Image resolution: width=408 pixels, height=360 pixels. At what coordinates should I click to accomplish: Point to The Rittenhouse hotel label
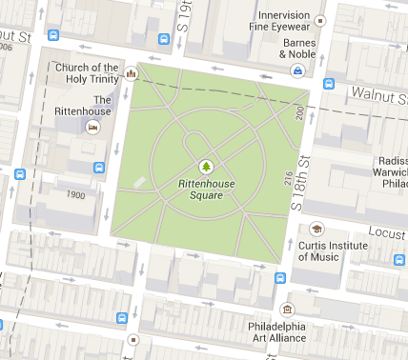tap(103, 106)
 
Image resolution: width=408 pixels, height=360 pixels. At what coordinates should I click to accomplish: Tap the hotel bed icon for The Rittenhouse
tap(92, 127)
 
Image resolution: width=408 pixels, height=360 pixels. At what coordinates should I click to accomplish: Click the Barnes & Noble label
tap(296, 49)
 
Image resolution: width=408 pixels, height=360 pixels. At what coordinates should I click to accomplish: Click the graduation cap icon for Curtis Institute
tap(316, 230)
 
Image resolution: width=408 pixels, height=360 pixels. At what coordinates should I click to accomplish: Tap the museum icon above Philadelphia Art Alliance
tap(287, 310)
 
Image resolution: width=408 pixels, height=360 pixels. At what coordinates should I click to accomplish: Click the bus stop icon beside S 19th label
tap(164, 39)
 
